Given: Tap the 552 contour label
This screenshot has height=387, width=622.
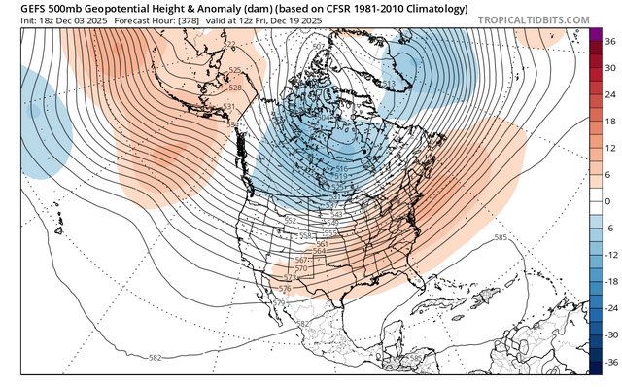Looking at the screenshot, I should coord(290,221).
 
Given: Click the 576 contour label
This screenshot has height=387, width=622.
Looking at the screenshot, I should coord(285,289).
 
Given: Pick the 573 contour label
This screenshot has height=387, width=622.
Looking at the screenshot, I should coord(290,278).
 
